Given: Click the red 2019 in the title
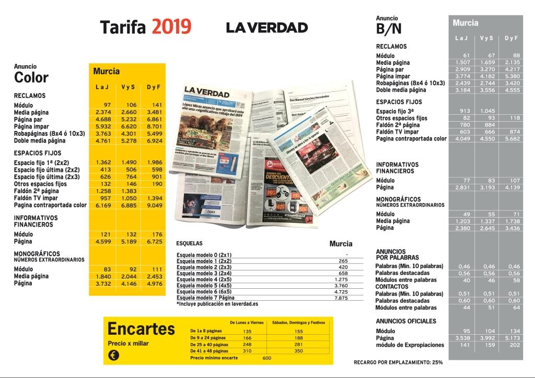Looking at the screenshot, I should [x=171, y=27].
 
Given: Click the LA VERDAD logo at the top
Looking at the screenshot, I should [x=267, y=27].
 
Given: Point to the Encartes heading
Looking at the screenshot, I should [x=141, y=329].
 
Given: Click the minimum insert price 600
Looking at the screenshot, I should [x=267, y=358].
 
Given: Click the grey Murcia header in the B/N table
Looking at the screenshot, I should [x=466, y=23].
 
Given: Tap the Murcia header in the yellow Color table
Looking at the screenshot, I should [x=107, y=72].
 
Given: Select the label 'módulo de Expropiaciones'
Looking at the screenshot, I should [x=407, y=345].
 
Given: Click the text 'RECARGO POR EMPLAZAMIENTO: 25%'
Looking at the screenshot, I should [x=398, y=362].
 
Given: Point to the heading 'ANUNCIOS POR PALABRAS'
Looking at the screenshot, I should [x=398, y=254].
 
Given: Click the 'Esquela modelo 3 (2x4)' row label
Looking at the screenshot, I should [x=204, y=273].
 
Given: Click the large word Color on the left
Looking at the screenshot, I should [x=31, y=78].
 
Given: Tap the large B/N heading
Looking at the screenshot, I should [x=389, y=29].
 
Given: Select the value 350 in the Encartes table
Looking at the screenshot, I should [x=298, y=351].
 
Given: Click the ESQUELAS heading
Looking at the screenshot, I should [x=189, y=243].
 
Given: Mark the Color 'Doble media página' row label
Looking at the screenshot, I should [x=40, y=140].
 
